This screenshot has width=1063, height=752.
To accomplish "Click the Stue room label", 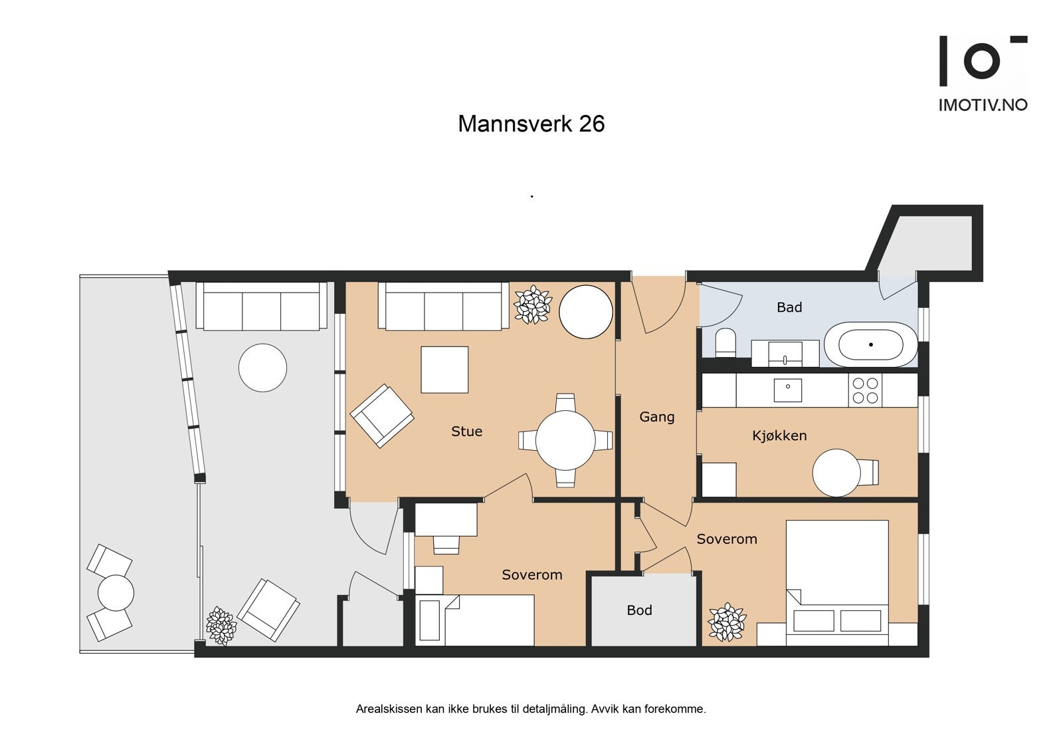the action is tap(466, 432).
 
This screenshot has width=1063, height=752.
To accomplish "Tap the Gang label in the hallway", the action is tap(657, 417).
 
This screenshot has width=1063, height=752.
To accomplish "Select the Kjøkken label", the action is tap(779, 436).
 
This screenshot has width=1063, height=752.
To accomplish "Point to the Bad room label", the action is tap(789, 307).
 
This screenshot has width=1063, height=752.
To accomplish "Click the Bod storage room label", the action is tap(639, 610).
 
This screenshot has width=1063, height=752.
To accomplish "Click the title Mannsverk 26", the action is tap(531, 124).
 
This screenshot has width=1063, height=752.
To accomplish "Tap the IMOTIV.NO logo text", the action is tap(983, 105).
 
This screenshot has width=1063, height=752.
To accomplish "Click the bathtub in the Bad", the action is tap(870, 344).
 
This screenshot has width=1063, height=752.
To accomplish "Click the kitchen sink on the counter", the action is tap(788, 390).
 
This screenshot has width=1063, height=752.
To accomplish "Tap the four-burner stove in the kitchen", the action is tap(865, 390).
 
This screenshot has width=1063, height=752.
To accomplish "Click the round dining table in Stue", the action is tap(565, 440).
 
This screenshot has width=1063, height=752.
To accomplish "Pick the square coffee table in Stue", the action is tap(444, 370).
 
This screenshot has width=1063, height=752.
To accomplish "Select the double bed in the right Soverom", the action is tap(837, 583).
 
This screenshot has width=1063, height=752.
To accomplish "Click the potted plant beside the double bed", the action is tap(727, 622).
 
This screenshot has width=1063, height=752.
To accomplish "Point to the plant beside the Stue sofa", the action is tap(533, 305).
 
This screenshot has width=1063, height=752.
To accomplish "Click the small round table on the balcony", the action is tap(116, 593).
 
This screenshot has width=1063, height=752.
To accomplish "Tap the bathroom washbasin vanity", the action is tap(785, 354).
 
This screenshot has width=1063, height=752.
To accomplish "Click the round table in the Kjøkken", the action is tap(836, 473).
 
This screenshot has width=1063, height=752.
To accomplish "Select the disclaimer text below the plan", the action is tap(531, 709).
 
